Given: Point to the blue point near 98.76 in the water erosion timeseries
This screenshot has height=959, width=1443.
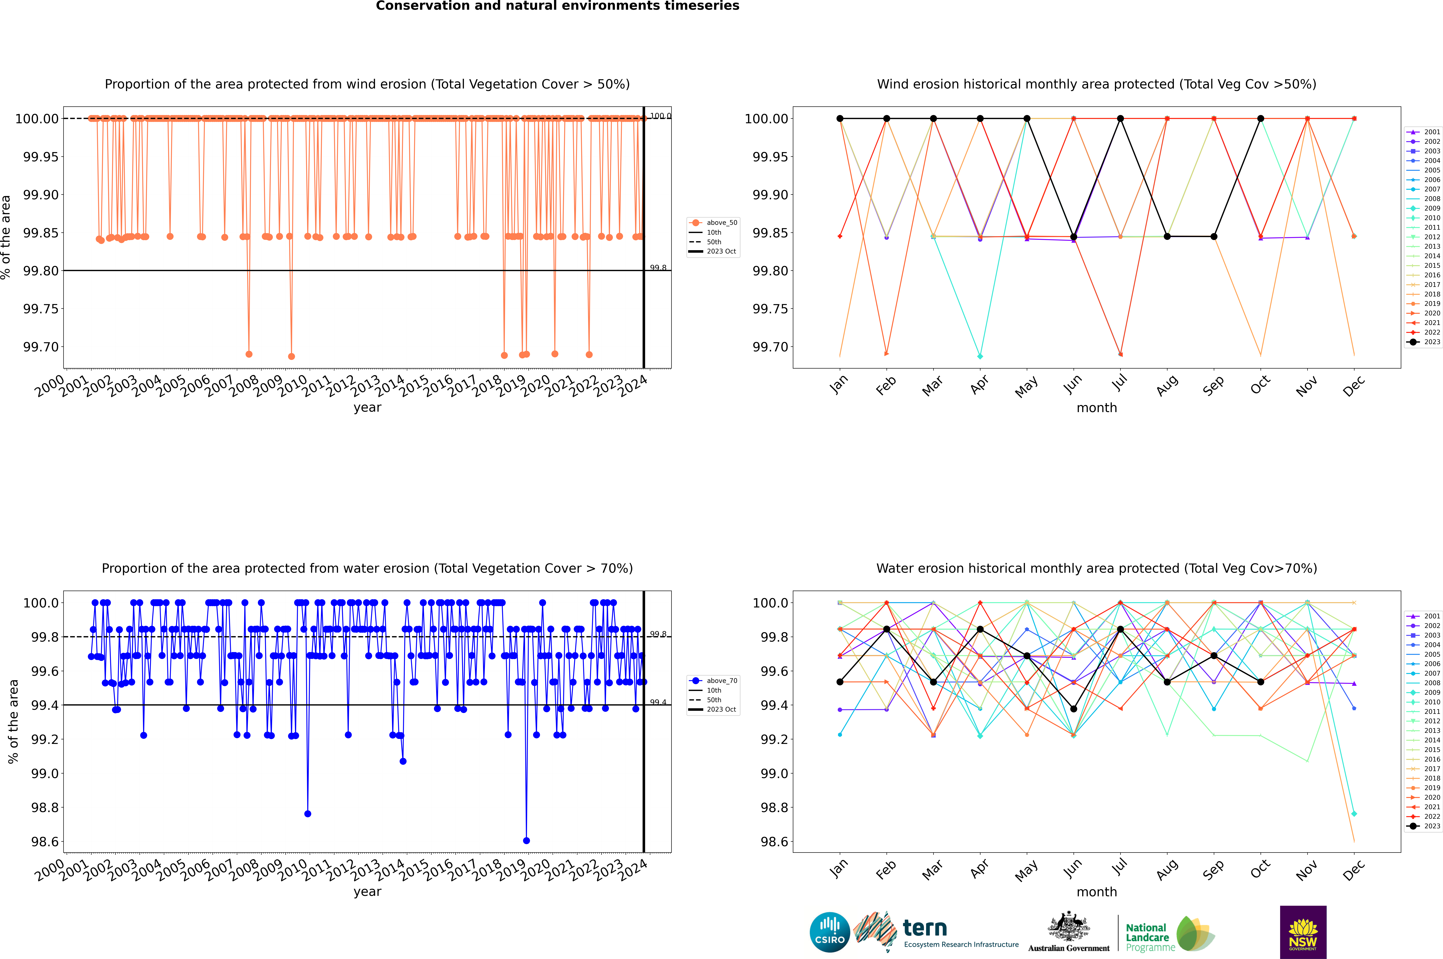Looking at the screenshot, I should tap(308, 813).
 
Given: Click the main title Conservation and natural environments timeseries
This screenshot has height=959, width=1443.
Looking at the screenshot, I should tap(557, 6).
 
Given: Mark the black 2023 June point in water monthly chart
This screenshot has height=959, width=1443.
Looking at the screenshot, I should tap(1074, 709).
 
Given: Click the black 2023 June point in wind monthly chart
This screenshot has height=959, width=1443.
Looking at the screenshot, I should tap(1074, 237).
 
